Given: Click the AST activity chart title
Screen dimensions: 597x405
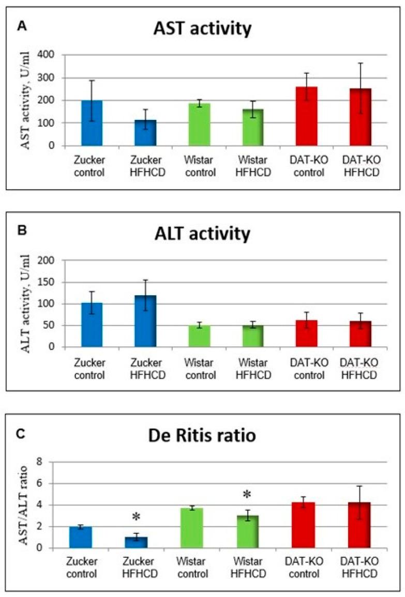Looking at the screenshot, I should point(202,29).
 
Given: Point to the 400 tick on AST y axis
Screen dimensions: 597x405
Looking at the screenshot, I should point(51,55).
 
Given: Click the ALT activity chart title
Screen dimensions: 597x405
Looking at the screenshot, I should point(202,234).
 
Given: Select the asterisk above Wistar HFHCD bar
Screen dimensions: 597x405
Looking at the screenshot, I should point(247,495).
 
